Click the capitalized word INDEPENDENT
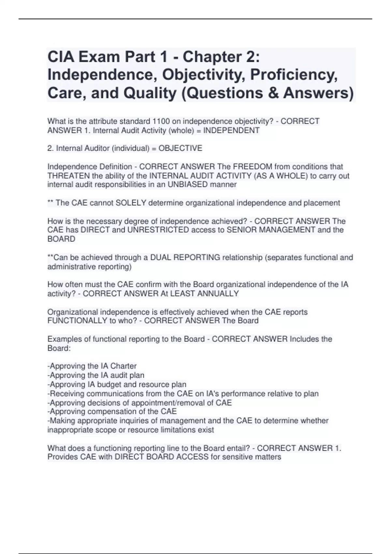231,130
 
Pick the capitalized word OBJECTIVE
180,148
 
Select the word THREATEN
68,176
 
